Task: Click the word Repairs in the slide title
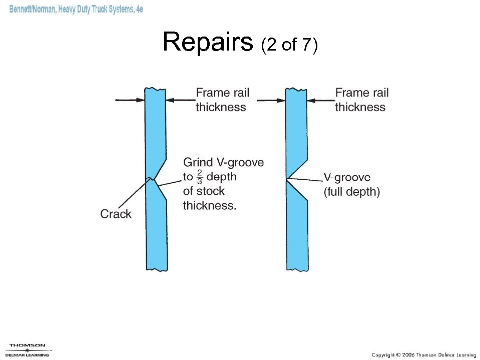208,42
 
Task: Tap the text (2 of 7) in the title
289,46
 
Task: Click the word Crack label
116,214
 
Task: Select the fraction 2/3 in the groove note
199,177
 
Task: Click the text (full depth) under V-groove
351,192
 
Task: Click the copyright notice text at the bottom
423,354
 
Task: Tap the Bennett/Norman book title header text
76,10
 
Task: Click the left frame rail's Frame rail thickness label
222,100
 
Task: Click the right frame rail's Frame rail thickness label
361,100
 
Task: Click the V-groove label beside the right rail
347,178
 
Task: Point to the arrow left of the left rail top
130,100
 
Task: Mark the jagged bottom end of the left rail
156,269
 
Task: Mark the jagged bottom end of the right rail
297,269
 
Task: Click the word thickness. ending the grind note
209,205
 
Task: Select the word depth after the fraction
221,177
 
